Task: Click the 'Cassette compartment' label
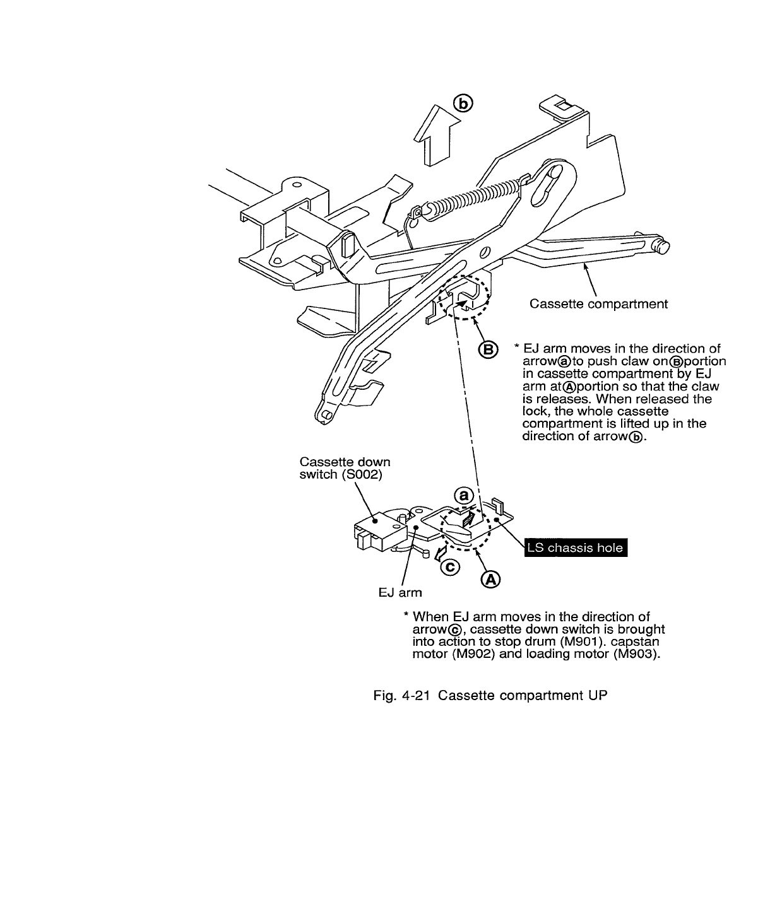pyautogui.click(x=598, y=304)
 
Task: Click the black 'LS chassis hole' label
pyautogui.click(x=574, y=547)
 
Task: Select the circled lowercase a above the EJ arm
pyautogui.click(x=465, y=496)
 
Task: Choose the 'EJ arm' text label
pyautogui.click(x=400, y=592)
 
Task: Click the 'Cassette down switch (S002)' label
pyautogui.click(x=345, y=468)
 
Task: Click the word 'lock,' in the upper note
pyautogui.click(x=536, y=411)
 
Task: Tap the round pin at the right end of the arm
pyautogui.click(x=663, y=247)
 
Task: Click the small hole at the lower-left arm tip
pyautogui.click(x=326, y=414)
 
